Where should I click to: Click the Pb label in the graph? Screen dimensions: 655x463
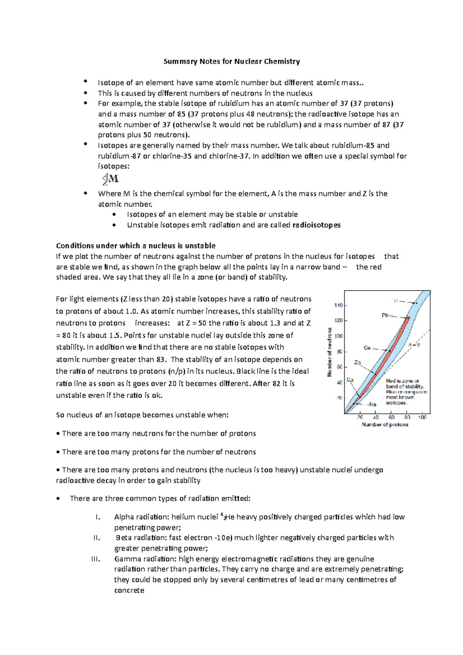pos(385,316)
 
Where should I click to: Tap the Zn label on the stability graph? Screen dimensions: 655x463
pos(358,363)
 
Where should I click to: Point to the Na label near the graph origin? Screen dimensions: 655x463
pos(372,405)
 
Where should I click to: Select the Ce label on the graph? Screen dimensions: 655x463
pos(367,348)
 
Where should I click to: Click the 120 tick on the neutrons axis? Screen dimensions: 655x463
pos(338,321)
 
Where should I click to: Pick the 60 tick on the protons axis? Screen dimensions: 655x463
pos(392,417)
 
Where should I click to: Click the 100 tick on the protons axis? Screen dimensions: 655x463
pos(422,417)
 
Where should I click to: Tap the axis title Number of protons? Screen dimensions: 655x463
pos(385,425)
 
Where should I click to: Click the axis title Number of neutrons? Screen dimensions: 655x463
pos(330,352)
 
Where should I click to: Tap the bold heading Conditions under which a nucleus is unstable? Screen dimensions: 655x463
pos(135,246)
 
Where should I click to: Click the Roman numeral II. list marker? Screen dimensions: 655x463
pos(97,538)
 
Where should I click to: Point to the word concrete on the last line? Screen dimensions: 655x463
pos(129,591)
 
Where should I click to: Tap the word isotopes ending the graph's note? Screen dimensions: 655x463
pos(396,403)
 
